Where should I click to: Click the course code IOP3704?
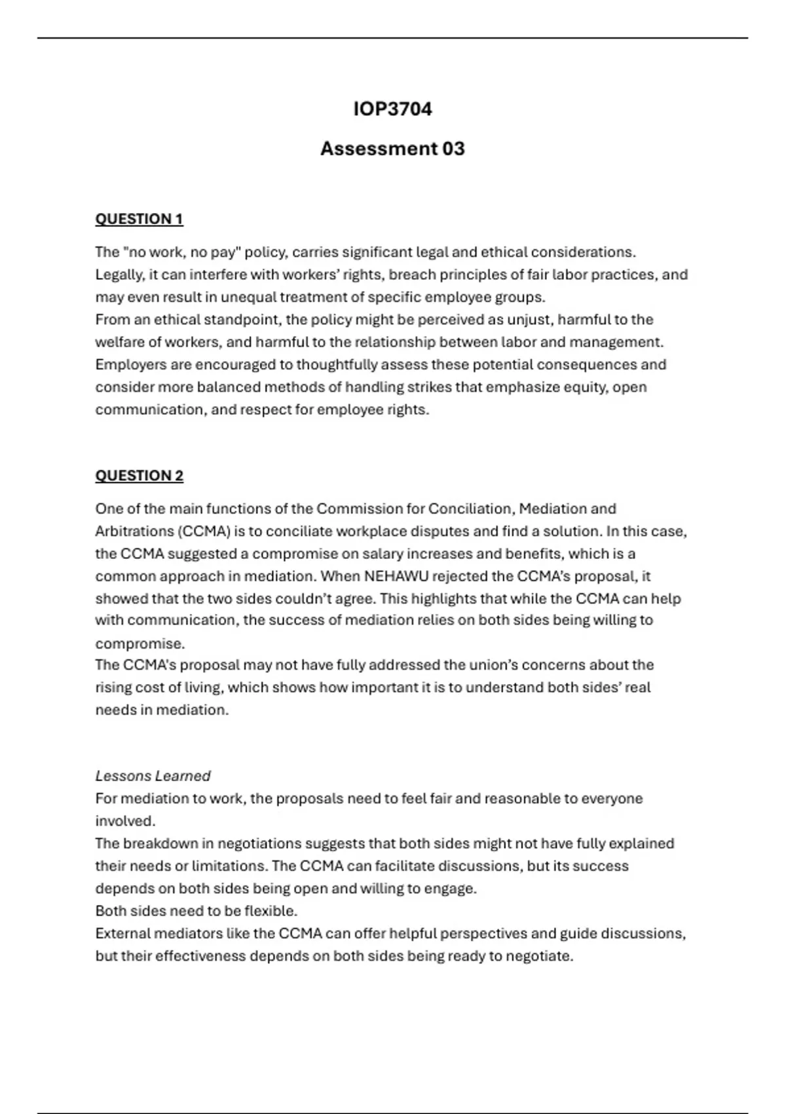pyautogui.click(x=392, y=109)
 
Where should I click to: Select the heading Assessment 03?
pyautogui.click(x=392, y=149)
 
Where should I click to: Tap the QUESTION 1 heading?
pyautogui.click(x=139, y=219)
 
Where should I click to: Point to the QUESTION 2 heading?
pyautogui.click(x=139, y=476)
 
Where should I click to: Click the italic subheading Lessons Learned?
pyautogui.click(x=153, y=776)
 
